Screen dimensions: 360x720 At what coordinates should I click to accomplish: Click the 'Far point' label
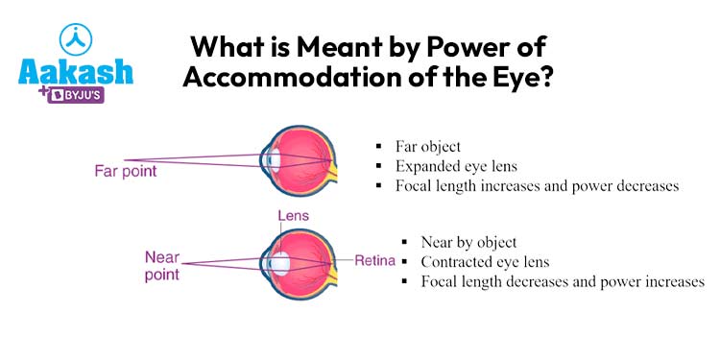pyautogui.click(x=125, y=172)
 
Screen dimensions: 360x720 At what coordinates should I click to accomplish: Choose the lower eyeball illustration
pyautogui.click(x=299, y=260)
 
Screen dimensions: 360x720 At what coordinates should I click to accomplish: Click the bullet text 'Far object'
pyautogui.click(x=427, y=147)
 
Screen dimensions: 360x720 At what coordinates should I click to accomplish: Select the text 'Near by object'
pyautogui.click(x=468, y=242)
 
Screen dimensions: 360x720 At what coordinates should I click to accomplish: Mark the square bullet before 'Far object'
pyautogui.click(x=380, y=147)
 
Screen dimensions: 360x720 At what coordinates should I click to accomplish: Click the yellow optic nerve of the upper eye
pyautogui.click(x=333, y=174)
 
